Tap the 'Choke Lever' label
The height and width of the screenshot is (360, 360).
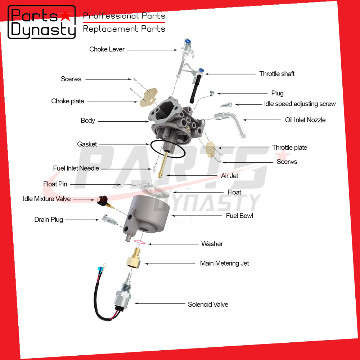click(x=107, y=49)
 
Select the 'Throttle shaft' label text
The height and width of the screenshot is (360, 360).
click(x=277, y=74)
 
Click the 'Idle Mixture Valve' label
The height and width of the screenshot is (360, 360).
click(x=47, y=199)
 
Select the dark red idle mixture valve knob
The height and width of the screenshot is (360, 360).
click(x=102, y=199)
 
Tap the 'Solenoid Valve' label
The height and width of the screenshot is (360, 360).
click(x=208, y=304)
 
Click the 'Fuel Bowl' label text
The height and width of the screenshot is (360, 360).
click(x=239, y=216)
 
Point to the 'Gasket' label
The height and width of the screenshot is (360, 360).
click(x=87, y=144)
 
